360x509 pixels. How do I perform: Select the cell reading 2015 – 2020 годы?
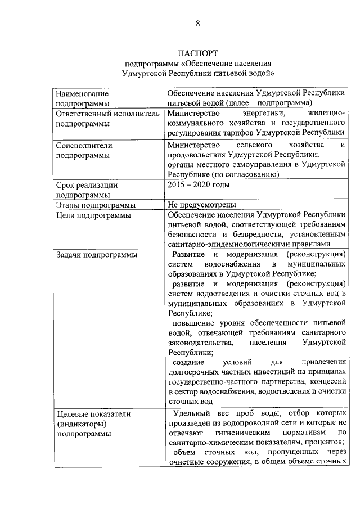[x=199, y=184]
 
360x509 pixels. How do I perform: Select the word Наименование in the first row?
[x=82, y=93]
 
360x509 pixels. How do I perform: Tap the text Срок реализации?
[x=87, y=184]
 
